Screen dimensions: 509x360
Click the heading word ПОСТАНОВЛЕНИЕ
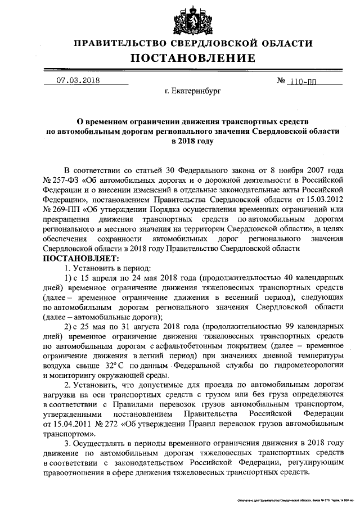click(x=193, y=58)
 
